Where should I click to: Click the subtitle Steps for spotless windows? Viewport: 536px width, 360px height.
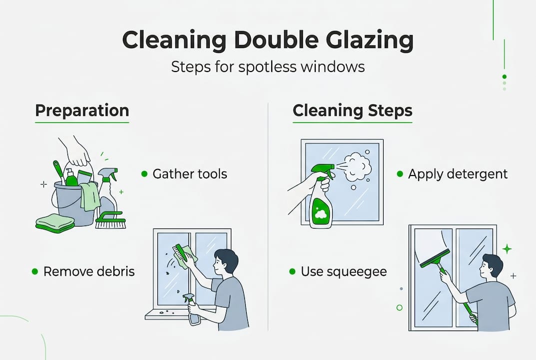pyautogui.click(x=268, y=67)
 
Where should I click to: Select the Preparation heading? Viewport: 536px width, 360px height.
pyautogui.click(x=82, y=110)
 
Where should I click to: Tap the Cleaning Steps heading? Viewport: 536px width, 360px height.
pyautogui.click(x=352, y=111)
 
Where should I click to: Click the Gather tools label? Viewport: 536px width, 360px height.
pyautogui.click(x=190, y=174)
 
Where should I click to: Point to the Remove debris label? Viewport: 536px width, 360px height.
pyautogui.click(x=89, y=271)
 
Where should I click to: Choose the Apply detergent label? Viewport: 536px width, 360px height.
pyautogui.click(x=458, y=174)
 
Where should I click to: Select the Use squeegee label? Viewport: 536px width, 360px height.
pyautogui.click(x=344, y=271)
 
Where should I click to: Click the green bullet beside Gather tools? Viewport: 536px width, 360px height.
pyautogui.click(x=144, y=174)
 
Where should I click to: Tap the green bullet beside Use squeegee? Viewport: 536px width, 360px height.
pyautogui.click(x=292, y=271)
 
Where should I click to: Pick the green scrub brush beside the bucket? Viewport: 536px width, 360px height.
pyautogui.click(x=109, y=220)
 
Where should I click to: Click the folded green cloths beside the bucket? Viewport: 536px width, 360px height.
pyautogui.click(x=54, y=222)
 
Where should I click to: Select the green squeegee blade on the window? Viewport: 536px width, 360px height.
pyautogui.click(x=434, y=258)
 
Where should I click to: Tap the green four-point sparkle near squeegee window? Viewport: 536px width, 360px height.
pyautogui.click(x=507, y=248)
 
